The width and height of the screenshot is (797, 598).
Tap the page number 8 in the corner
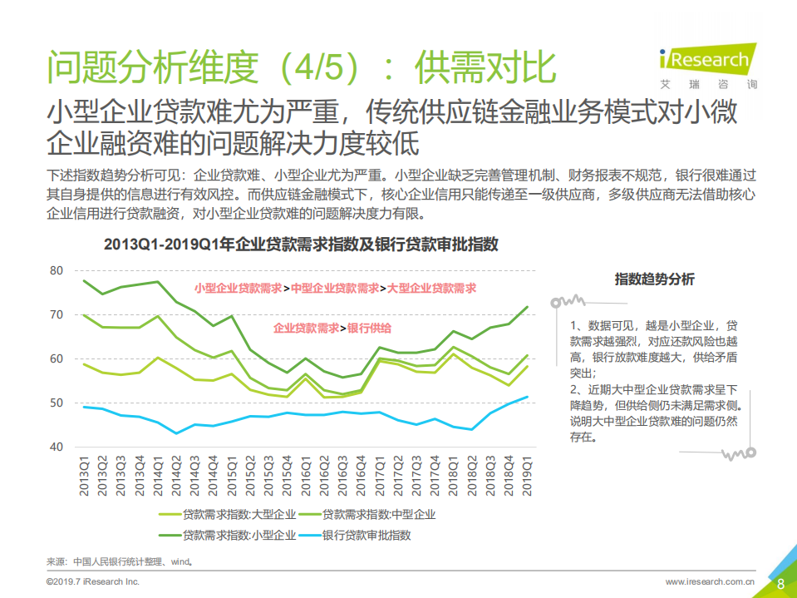(780, 584)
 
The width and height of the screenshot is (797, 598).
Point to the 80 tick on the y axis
(57, 270)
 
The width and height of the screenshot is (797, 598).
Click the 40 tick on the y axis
(57, 447)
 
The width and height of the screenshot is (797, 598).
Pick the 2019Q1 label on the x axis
(527, 475)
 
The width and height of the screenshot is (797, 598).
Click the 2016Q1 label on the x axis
(306, 475)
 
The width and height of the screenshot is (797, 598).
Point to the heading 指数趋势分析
(655, 279)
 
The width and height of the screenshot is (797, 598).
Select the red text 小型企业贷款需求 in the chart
(239, 289)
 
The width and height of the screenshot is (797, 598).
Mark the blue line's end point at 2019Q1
(527, 397)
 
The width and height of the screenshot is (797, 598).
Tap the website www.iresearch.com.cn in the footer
(710, 582)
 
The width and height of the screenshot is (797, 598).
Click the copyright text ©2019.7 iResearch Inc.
(92, 582)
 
